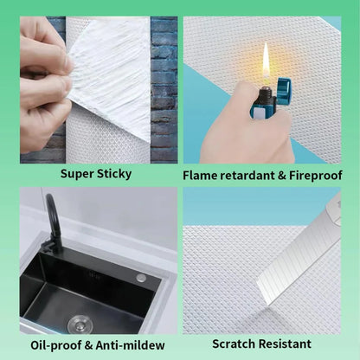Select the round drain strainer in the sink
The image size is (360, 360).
tap(80, 323)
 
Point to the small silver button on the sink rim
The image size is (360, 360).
tap(141, 278)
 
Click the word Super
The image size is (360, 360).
tap(80, 174)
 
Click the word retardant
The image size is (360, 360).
tap(252, 175)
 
